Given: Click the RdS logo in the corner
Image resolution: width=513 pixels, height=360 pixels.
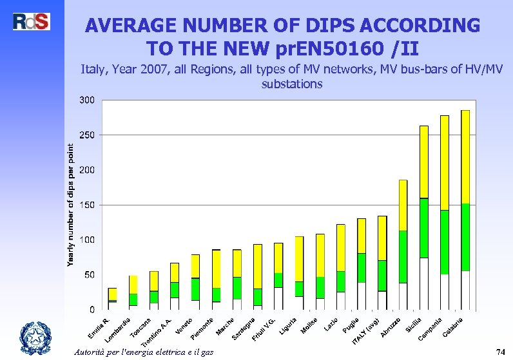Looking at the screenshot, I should pos(31,21).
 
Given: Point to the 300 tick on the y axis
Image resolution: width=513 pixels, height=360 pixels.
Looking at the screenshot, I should pos(86,100).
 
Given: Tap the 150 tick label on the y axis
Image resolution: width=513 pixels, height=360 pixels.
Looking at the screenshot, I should pos(86,205).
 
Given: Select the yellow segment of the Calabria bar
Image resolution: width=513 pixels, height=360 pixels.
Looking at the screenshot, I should pos(465,156).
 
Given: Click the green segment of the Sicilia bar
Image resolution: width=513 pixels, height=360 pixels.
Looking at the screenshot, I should pos(423,228).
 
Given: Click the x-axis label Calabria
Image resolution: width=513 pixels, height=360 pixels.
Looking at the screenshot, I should pos(452,327).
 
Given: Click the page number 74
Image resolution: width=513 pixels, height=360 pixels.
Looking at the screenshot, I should pos(499,352).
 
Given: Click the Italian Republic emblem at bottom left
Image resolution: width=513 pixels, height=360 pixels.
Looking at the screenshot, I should pos(33,337).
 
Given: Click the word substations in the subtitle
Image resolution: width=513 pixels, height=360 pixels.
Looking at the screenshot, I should pos(292,84).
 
